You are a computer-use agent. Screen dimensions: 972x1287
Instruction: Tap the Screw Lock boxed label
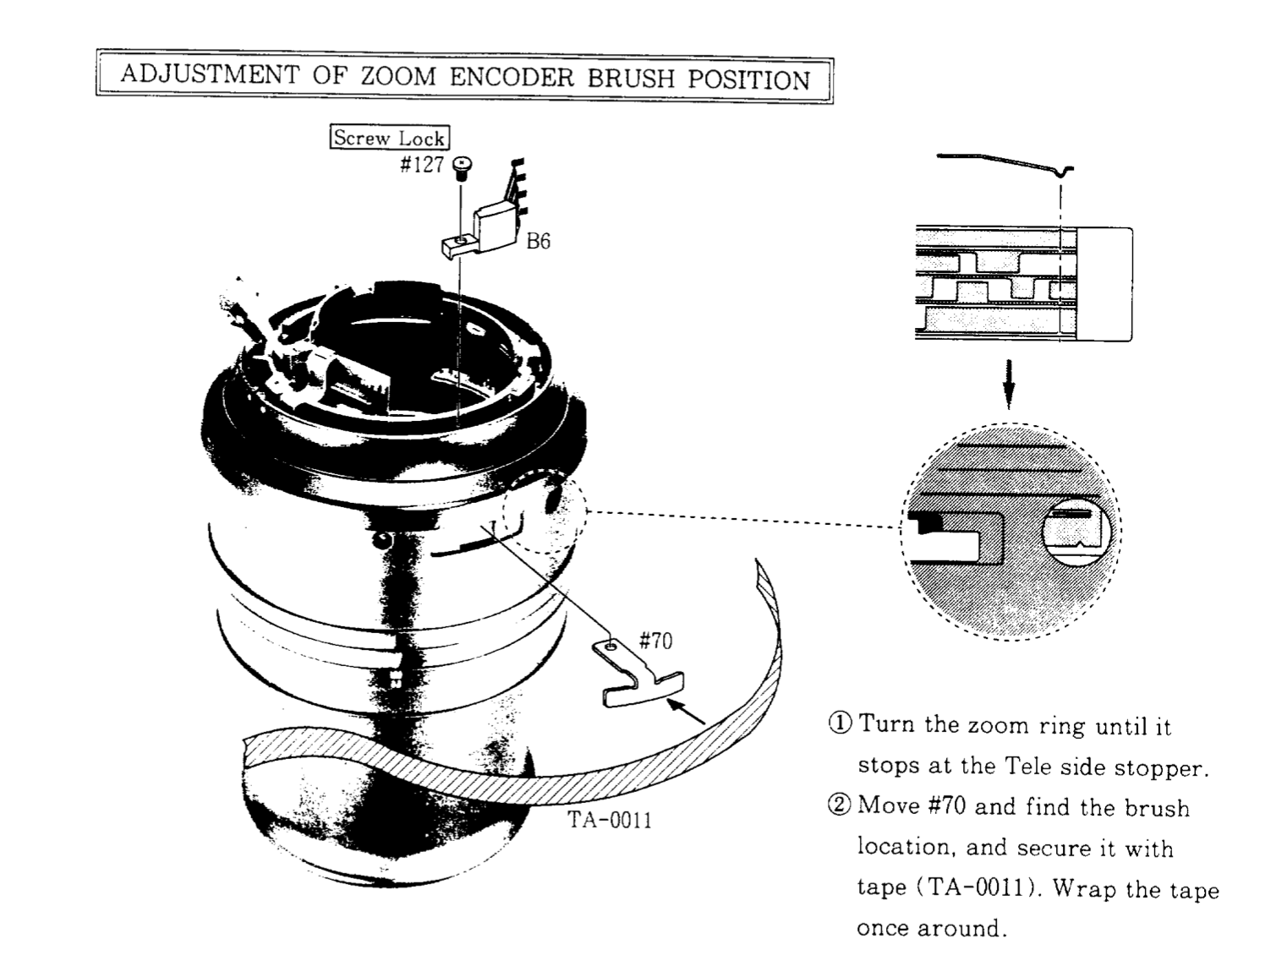tap(388, 138)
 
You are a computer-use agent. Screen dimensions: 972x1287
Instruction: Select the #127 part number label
tap(422, 165)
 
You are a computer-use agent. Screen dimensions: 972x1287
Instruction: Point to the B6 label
tap(538, 242)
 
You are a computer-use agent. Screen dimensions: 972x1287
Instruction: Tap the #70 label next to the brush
tap(655, 641)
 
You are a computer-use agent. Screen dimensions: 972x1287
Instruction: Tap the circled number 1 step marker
tap(840, 724)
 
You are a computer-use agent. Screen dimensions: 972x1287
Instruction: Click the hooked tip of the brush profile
tap(1064, 172)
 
